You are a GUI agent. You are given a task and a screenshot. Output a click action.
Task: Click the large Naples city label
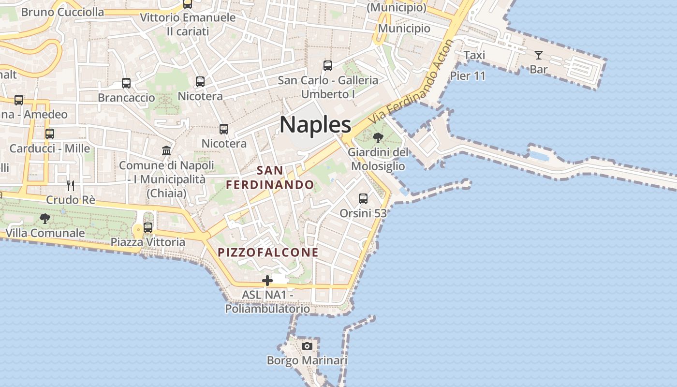pos(315,125)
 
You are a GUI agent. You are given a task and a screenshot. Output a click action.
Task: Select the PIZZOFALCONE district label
pos(268,253)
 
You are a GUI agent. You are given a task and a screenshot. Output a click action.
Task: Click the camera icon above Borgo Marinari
pos(307,346)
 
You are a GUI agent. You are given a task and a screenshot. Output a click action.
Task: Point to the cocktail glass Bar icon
pos(538,55)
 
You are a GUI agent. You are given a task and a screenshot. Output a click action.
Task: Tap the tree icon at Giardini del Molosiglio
pos(378,138)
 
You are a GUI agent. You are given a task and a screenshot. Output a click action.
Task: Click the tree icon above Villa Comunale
pos(45,218)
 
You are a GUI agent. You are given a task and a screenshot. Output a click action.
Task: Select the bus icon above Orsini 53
pos(363,198)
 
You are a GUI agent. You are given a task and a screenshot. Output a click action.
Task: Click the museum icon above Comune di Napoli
pos(166,150)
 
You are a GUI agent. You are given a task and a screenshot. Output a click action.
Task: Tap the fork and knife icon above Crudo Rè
pos(71,185)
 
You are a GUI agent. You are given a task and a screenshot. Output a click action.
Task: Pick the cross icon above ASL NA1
pos(267,280)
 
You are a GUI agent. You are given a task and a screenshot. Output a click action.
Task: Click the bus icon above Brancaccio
pos(126,83)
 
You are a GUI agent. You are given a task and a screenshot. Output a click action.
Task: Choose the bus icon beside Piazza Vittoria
pos(148,227)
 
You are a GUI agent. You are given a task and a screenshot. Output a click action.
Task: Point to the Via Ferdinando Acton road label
pos(412,81)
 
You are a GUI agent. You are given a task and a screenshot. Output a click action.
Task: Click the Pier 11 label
pos(468,76)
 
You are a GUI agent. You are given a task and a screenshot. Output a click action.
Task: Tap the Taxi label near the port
pos(474,56)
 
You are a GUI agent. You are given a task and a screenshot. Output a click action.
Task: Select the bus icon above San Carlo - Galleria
pos(327,66)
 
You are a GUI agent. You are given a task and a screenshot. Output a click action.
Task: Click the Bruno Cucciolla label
pos(63,12)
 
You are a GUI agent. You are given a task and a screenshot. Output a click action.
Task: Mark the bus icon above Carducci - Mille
pos(49,134)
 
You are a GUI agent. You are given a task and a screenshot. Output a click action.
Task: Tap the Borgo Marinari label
pos(307,361)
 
